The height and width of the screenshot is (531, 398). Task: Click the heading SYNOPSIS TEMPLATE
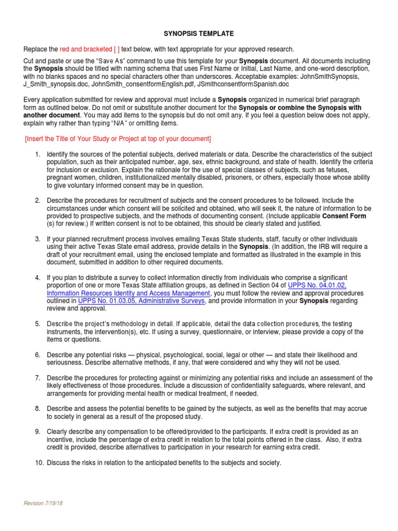click(199, 34)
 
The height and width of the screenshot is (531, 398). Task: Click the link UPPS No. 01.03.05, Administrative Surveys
click(142, 300)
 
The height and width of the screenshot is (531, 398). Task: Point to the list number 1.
click(37, 155)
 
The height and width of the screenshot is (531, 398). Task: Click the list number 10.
click(39, 463)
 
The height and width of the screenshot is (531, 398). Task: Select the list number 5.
click(37, 324)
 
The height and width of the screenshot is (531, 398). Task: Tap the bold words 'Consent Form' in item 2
click(344, 216)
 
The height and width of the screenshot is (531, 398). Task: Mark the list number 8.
click(37, 409)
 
